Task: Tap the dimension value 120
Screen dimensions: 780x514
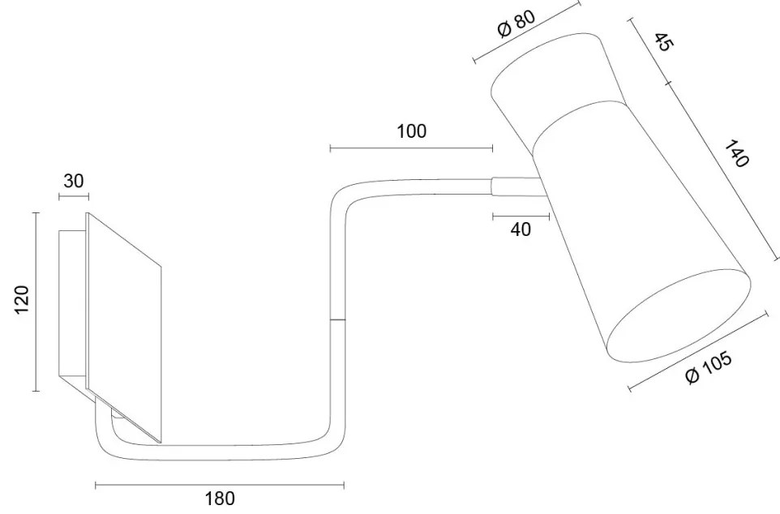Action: click(x=23, y=300)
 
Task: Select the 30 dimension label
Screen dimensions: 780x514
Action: click(x=74, y=181)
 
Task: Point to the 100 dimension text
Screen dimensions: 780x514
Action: click(x=411, y=131)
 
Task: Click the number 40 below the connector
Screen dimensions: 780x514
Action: click(x=521, y=229)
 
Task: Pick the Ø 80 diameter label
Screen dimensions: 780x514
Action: click(x=516, y=24)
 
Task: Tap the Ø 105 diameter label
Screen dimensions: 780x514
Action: click(x=709, y=367)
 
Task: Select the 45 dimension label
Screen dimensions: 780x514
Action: click(x=663, y=42)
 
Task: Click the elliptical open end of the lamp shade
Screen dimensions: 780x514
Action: click(x=679, y=316)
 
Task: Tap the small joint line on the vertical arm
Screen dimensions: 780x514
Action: click(x=338, y=319)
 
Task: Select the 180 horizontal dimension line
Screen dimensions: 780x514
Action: click(x=220, y=485)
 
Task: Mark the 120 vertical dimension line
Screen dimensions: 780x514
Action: click(x=36, y=302)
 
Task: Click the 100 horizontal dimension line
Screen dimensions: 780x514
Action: click(x=411, y=148)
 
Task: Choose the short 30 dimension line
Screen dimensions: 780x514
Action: click(x=74, y=198)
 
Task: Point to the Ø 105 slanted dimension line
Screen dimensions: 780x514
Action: click(x=698, y=352)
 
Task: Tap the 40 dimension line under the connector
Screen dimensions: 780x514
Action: click(x=521, y=216)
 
